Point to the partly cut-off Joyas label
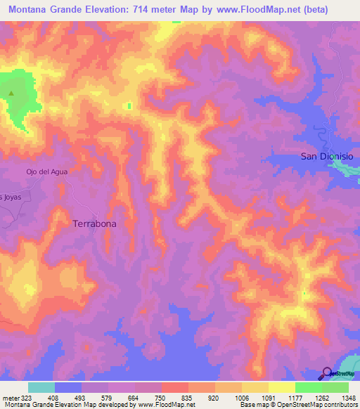pyautogui.click(x=11, y=197)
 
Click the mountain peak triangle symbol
pyautogui.click(x=11, y=93)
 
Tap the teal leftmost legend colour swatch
pyautogui.click(x=41, y=387)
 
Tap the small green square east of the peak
pyautogui.click(x=129, y=106)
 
